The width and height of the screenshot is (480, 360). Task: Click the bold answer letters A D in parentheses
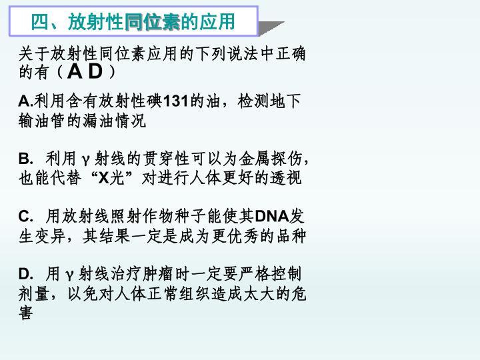[x=85, y=71]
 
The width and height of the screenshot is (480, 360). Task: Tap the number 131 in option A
[x=176, y=101]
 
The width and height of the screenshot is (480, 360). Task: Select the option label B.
[x=26, y=159]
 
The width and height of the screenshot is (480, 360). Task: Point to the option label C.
[x=26, y=216]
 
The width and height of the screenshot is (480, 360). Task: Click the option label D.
[x=26, y=274]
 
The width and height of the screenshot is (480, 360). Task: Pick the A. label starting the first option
[x=26, y=101]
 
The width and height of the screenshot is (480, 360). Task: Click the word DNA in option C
[x=272, y=216]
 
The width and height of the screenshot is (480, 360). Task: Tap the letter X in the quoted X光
[x=104, y=177]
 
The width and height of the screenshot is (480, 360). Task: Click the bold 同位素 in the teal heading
[x=153, y=22]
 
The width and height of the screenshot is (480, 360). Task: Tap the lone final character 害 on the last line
[x=26, y=313]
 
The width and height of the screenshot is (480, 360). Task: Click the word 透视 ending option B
[x=286, y=177]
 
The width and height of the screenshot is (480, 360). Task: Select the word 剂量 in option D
[x=34, y=294]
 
